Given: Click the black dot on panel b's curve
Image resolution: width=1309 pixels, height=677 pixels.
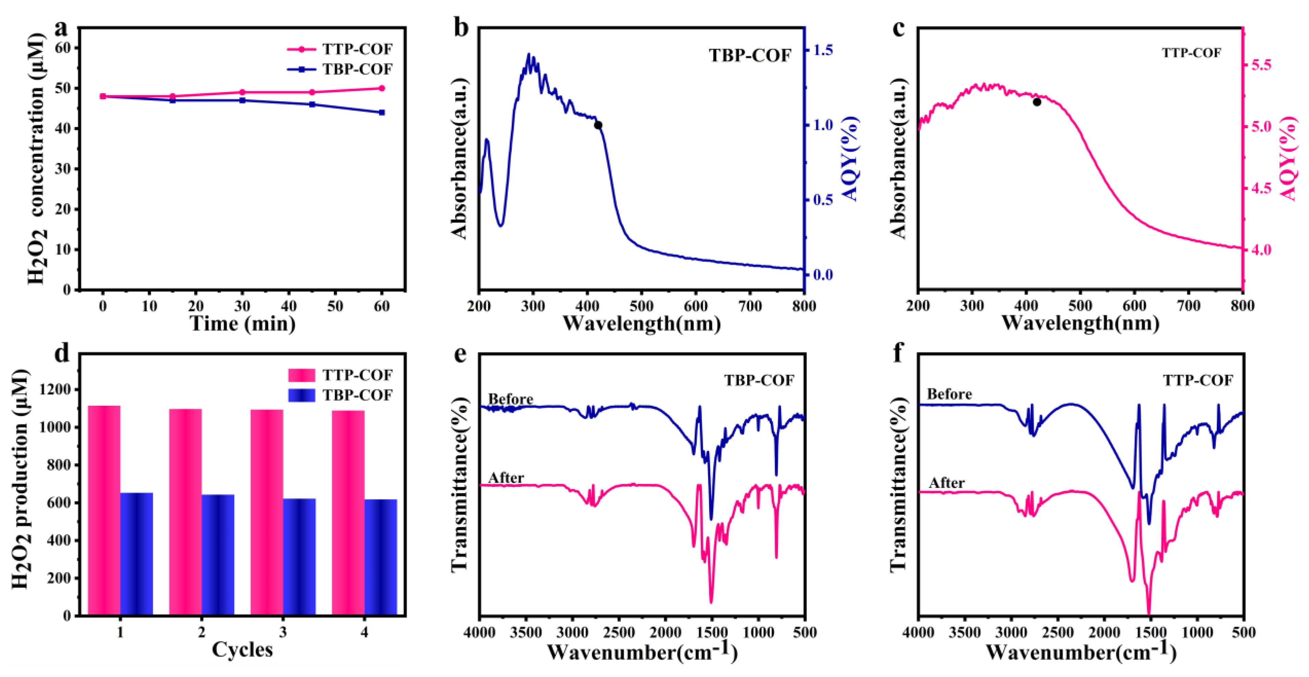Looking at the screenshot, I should [x=598, y=125].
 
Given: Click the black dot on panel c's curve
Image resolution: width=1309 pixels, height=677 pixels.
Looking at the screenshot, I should [x=1037, y=102].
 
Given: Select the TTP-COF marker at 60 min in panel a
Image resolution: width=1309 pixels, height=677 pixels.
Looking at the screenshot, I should [x=382, y=88].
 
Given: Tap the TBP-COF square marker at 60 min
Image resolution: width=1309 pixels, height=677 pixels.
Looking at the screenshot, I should [x=382, y=112].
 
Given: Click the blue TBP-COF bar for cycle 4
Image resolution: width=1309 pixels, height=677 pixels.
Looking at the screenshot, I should [x=381, y=557].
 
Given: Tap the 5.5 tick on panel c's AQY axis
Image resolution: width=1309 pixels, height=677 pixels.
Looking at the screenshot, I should [x=1263, y=65].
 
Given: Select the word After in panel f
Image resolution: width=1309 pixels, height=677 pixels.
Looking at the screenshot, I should [x=946, y=482].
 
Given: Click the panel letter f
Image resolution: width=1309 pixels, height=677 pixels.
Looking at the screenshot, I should [x=898, y=353].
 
